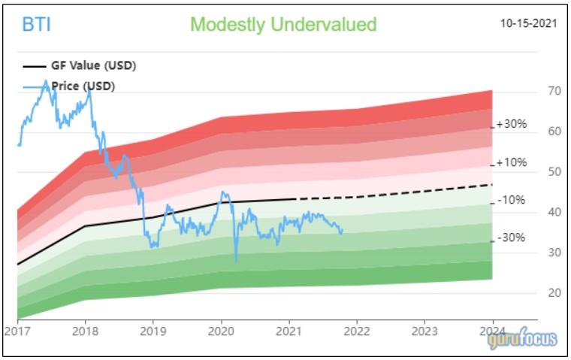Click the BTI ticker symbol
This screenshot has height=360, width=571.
tap(37, 26)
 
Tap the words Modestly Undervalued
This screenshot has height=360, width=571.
tap(283, 25)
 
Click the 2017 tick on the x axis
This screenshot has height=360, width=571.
tap(17, 331)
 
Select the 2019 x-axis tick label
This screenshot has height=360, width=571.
tap(153, 331)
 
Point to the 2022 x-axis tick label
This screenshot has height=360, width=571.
tap(357, 331)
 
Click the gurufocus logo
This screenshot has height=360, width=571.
tap(522, 339)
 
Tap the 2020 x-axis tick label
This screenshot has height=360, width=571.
tap(221, 331)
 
